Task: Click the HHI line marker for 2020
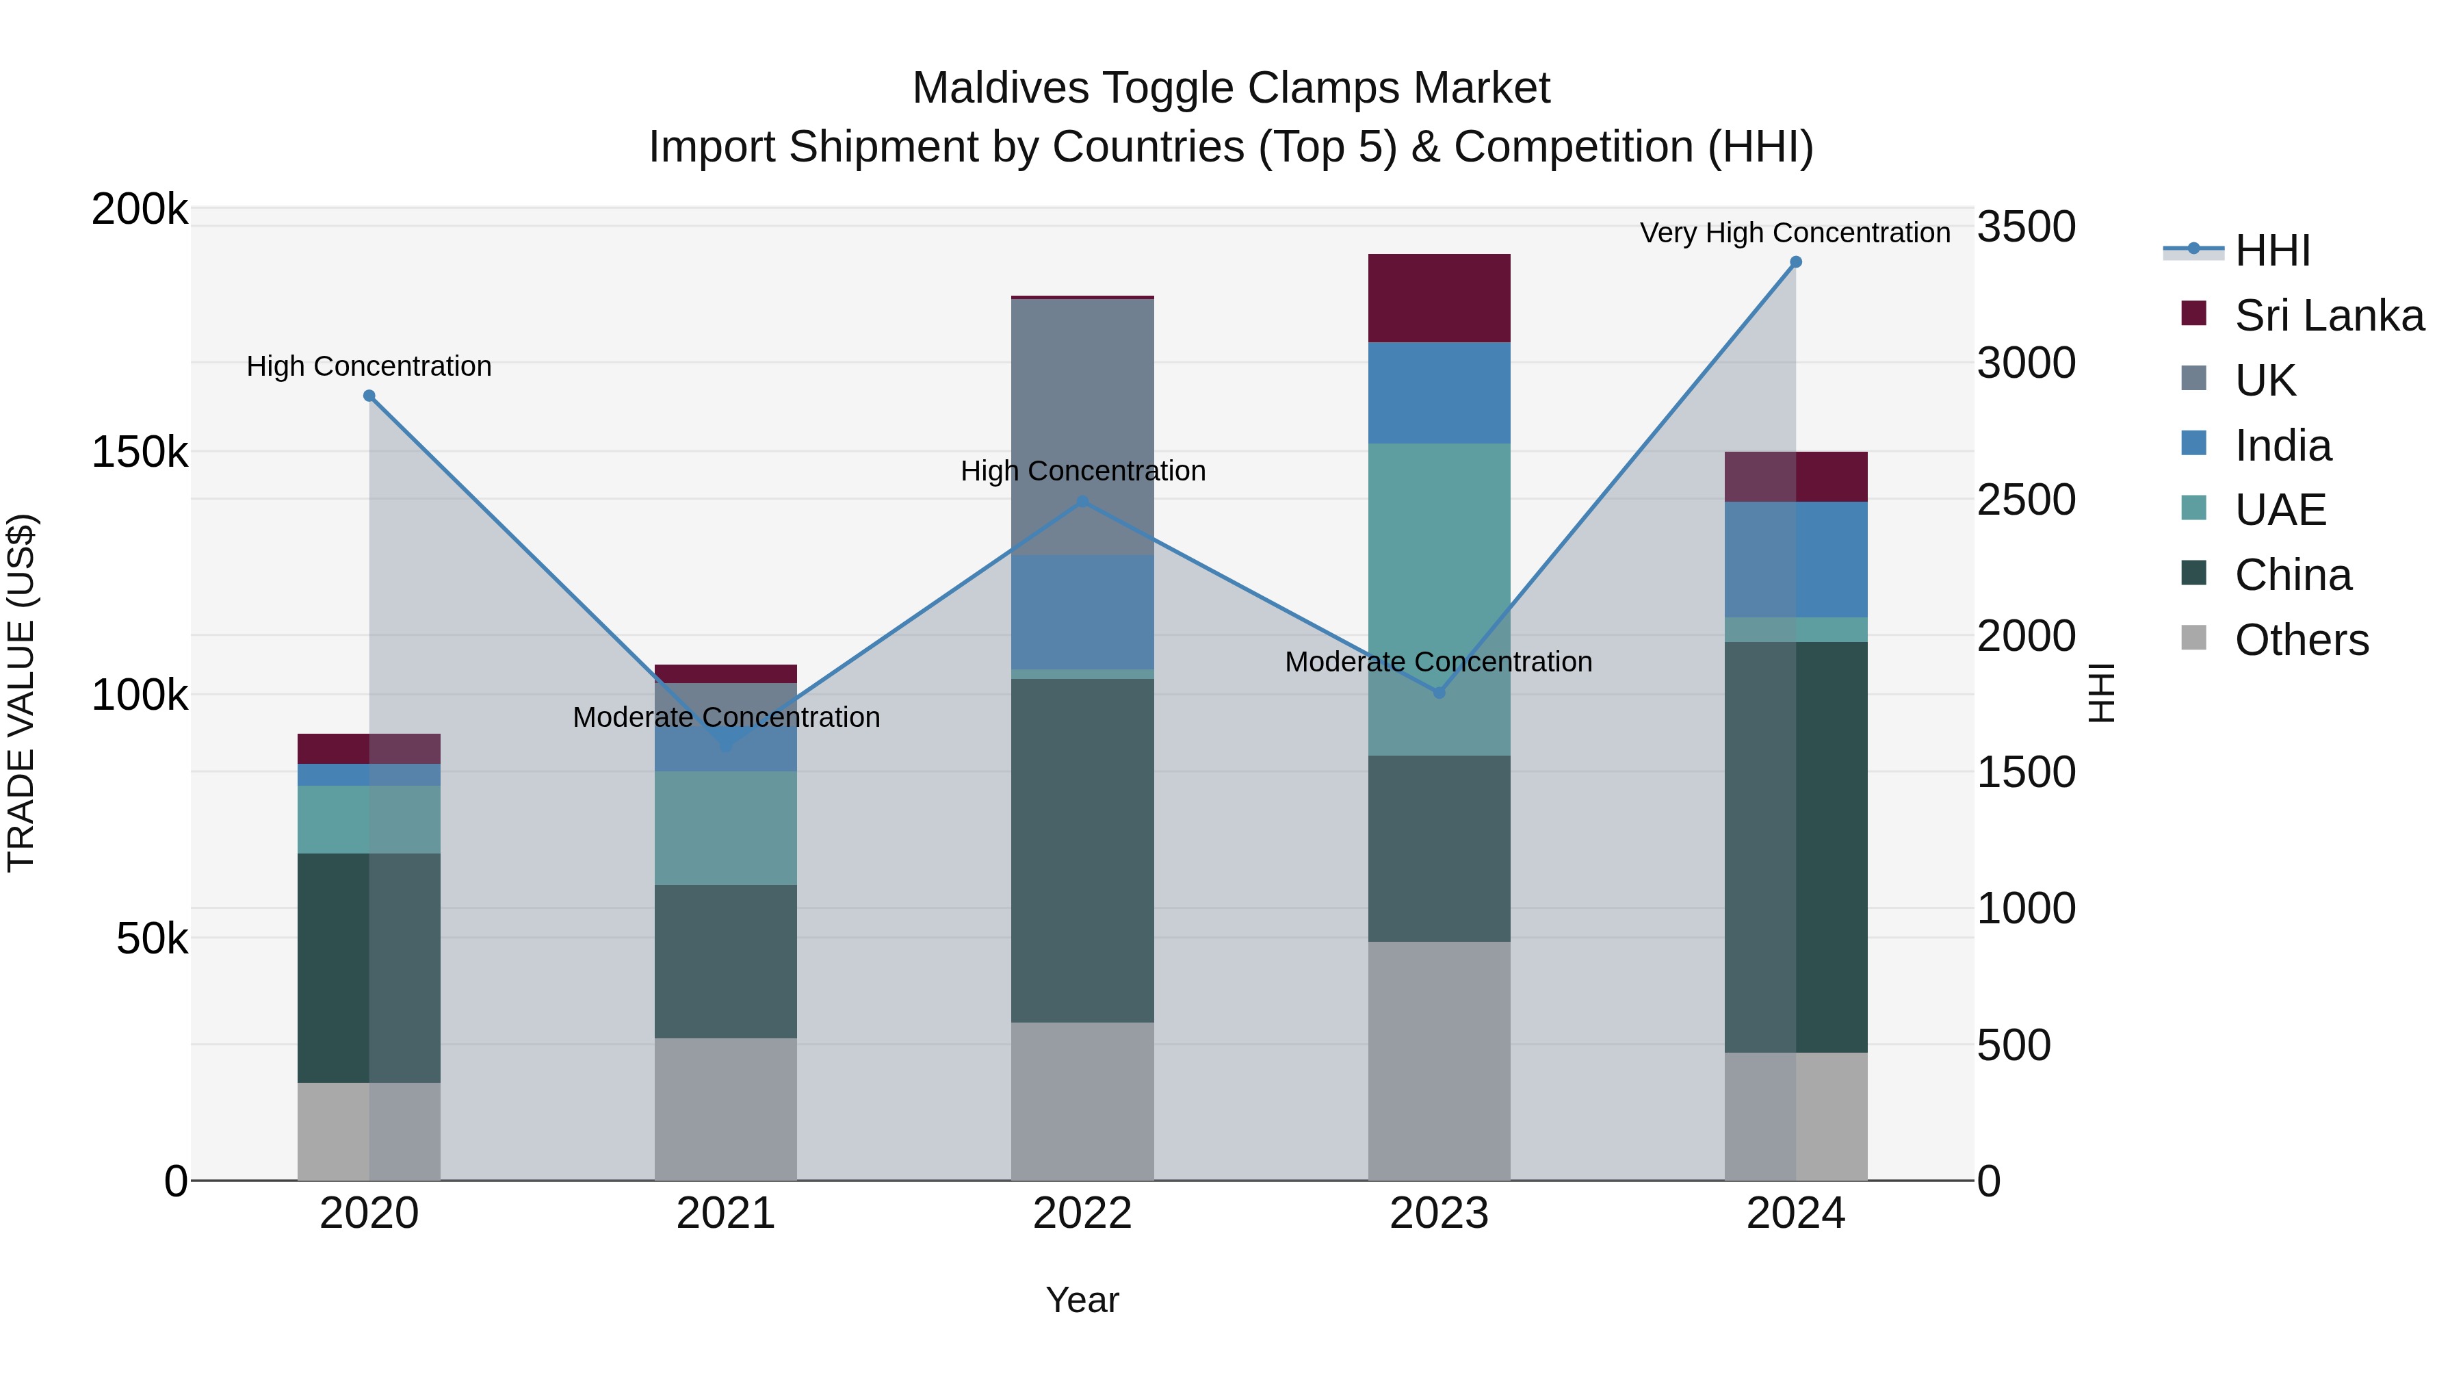(369, 396)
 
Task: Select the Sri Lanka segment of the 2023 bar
(1438, 298)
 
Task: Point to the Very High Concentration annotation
(1795, 233)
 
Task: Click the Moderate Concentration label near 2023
(1438, 662)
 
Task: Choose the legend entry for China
(2292, 575)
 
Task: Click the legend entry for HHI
(2271, 251)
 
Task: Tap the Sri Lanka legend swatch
(2193, 313)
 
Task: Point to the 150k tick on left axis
(140, 452)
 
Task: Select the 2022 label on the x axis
(1082, 1214)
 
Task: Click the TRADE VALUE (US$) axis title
(21, 693)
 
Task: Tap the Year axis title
(1082, 1300)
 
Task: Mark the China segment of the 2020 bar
(369, 968)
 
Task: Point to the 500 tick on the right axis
(2013, 1045)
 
